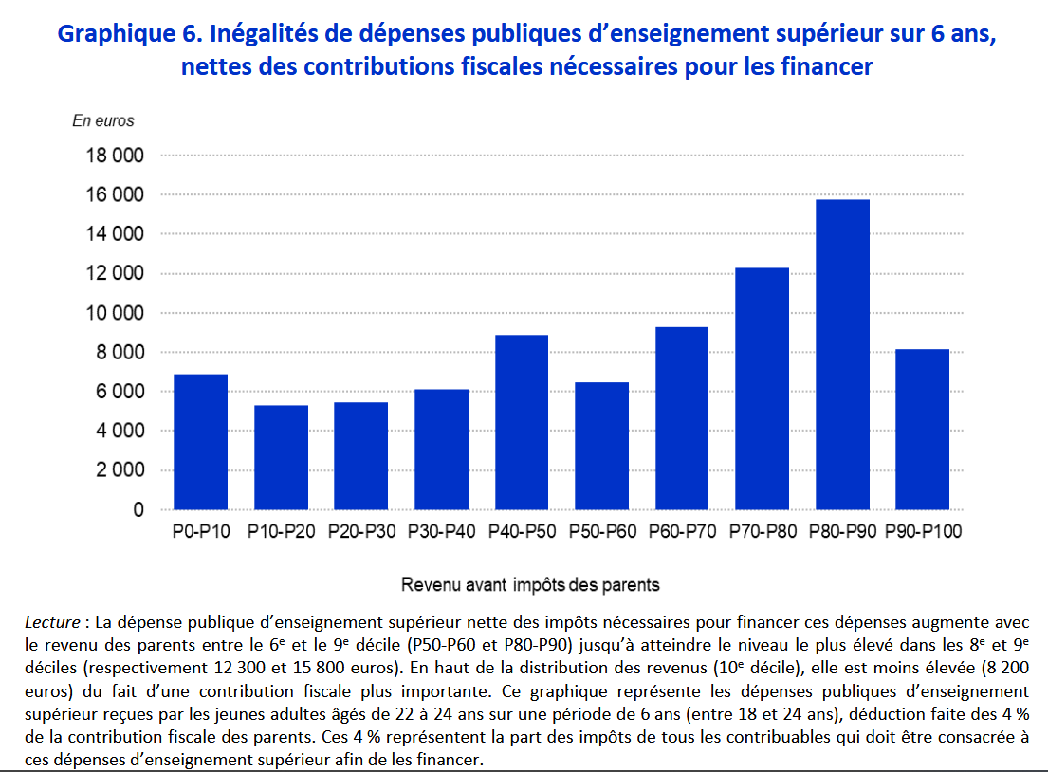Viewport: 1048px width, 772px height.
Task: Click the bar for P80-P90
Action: click(x=842, y=355)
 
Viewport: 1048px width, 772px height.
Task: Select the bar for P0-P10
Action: click(x=200, y=442)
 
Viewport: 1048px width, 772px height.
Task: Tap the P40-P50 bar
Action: click(x=520, y=422)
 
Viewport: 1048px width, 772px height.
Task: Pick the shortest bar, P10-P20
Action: click(x=281, y=457)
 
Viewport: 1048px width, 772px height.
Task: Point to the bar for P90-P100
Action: click(x=922, y=430)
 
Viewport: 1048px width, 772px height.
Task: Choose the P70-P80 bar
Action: click(x=762, y=389)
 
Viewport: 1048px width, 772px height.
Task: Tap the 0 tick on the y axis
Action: click(x=138, y=510)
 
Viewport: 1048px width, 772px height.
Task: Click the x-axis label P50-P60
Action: click(x=602, y=532)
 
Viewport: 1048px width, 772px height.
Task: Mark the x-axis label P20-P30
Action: click(x=361, y=532)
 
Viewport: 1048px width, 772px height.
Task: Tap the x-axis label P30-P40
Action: click(x=442, y=532)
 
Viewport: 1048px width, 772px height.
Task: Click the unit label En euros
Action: click(x=103, y=120)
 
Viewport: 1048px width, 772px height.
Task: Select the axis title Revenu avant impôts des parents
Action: click(x=530, y=584)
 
